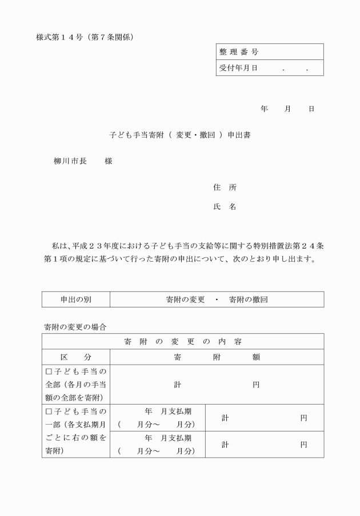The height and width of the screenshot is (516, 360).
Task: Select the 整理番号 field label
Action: tap(239, 52)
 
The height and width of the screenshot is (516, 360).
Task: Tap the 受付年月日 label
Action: tap(239, 68)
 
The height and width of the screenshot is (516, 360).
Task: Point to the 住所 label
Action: tap(224, 187)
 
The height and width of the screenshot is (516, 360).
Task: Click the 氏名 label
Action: tap(224, 207)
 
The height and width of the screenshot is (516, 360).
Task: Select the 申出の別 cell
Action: tap(76, 299)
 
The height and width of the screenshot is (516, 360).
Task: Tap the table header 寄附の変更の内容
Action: tap(182, 342)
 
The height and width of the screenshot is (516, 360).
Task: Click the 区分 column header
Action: tap(76, 357)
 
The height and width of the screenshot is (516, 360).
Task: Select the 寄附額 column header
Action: tap(217, 357)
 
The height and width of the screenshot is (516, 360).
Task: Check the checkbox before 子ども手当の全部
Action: tap(49, 372)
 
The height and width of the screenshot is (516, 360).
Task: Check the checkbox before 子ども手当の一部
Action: tap(49, 411)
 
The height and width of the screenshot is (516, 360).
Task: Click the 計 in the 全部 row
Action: tap(177, 385)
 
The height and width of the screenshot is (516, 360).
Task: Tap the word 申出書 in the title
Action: tap(239, 135)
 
